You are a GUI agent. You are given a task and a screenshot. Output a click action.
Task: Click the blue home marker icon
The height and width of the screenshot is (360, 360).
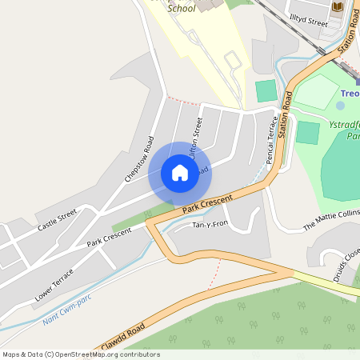[179, 173]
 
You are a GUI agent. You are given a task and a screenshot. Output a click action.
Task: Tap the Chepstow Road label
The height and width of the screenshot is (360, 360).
[139, 160]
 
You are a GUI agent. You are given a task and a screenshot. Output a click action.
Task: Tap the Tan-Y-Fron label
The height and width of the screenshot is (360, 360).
[211, 225]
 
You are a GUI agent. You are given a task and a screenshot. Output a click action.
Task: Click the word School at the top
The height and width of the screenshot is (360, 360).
[181, 9]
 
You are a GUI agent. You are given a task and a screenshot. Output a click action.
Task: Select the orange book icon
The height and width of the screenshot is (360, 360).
[338, 7]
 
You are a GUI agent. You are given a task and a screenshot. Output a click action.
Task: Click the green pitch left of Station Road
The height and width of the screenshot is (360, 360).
[266, 90]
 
